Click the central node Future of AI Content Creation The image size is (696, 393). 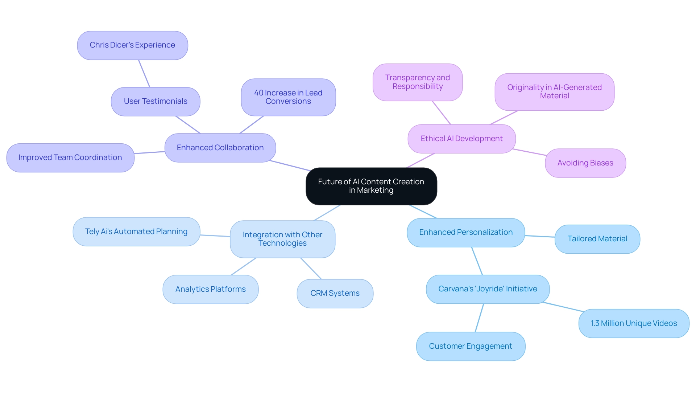371,186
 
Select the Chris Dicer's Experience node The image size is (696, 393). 132,45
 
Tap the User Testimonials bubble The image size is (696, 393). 156,101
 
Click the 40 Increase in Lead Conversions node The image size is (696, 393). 288,97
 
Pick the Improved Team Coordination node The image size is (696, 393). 70,157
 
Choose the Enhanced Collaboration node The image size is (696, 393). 220,148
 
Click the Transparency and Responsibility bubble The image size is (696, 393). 417,82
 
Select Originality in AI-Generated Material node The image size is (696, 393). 554,92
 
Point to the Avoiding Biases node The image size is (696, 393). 585,163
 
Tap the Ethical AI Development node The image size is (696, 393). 461,139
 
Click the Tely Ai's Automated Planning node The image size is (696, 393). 136,232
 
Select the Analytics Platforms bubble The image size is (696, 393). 210,289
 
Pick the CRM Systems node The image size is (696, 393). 335,293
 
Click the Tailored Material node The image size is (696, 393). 597,239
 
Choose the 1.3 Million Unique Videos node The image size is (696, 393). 634,323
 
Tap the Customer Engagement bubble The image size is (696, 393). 471,346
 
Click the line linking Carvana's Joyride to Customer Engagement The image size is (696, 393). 479,318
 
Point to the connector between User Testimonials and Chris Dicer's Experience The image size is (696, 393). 144,73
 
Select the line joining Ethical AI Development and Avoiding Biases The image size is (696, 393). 530,152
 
